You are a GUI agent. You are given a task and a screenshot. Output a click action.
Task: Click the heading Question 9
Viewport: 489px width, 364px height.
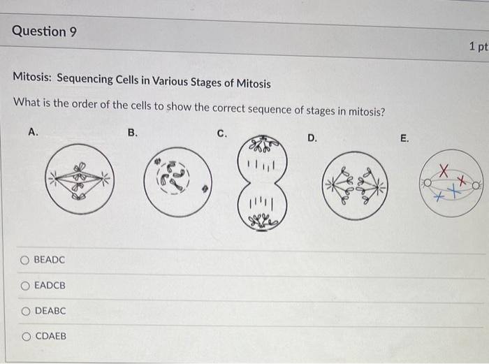(44, 31)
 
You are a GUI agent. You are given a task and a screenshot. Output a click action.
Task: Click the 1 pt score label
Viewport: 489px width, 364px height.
(478, 47)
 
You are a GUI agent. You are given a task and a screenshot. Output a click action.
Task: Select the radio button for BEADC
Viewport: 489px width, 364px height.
(24, 260)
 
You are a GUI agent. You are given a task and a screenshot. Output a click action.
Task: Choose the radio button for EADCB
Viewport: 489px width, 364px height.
(24, 285)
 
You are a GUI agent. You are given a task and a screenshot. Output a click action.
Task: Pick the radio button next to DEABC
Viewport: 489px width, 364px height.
(24, 310)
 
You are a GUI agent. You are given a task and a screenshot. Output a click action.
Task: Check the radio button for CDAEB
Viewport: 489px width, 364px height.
(24, 336)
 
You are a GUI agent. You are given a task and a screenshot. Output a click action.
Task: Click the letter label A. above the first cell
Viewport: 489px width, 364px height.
(32, 130)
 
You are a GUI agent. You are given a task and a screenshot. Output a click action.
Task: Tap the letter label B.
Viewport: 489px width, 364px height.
(133, 131)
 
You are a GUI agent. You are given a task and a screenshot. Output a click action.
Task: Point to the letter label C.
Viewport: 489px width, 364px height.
(221, 133)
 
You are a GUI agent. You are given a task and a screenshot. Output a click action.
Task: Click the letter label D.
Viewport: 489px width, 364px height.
(312, 138)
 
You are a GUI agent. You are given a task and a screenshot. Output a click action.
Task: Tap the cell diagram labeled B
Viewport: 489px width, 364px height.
(177, 180)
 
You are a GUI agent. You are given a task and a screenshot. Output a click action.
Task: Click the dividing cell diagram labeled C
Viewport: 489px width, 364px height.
(261, 182)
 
